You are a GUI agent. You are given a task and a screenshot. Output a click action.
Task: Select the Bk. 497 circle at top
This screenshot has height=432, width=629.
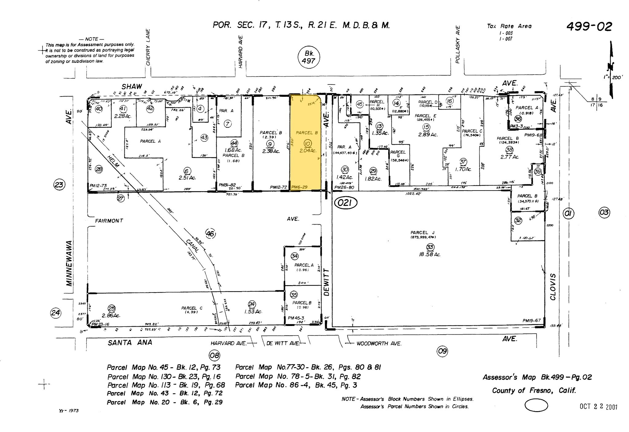pyautogui.click(x=309, y=57)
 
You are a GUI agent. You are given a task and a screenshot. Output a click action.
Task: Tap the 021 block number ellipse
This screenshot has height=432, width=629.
pyautogui.click(x=346, y=203)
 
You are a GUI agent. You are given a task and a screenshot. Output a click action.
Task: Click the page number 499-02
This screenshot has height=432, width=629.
pyautogui.click(x=589, y=27)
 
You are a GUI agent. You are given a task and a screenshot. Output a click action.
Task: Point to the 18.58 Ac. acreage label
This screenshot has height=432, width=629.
pyautogui.click(x=429, y=254)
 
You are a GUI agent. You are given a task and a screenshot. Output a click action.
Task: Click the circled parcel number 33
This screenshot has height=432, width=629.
pyautogui.click(x=429, y=247)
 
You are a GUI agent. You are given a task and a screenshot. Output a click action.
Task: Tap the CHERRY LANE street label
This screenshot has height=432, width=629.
pyautogui.click(x=148, y=47)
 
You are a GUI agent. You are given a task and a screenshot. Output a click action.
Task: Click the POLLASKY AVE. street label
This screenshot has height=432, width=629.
pyautogui.click(x=458, y=44)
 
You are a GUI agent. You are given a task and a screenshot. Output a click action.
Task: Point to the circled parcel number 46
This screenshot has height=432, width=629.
pyautogui.click(x=210, y=234)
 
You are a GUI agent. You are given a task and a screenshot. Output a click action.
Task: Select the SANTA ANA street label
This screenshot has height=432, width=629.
pyautogui.click(x=130, y=342)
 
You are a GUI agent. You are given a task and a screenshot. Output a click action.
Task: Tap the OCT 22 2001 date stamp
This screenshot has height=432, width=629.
pyautogui.click(x=598, y=406)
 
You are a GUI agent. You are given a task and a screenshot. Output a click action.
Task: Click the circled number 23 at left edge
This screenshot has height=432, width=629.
pyautogui.click(x=59, y=185)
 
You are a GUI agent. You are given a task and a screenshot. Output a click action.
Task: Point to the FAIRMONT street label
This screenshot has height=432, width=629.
pyautogui.click(x=109, y=221)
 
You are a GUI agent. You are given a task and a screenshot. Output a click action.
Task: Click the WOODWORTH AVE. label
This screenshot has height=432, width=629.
pyautogui.click(x=379, y=344)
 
